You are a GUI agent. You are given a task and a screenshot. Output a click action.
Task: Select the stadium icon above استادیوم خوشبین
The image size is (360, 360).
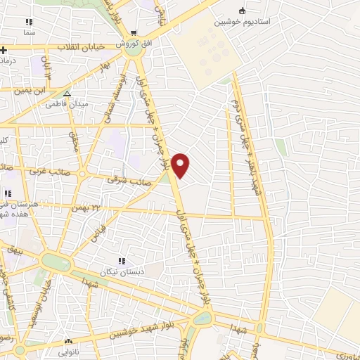[243, 11]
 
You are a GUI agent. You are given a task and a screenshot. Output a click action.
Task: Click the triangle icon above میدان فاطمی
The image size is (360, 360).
[67, 94]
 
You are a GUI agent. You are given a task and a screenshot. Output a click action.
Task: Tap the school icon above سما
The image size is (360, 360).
[29, 22]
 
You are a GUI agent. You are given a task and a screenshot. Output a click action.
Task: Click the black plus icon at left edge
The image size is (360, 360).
[4, 50]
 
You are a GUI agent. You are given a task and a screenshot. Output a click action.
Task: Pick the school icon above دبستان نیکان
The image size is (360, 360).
[122, 262]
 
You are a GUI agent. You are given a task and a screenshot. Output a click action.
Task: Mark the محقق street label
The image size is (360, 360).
[75, 141]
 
